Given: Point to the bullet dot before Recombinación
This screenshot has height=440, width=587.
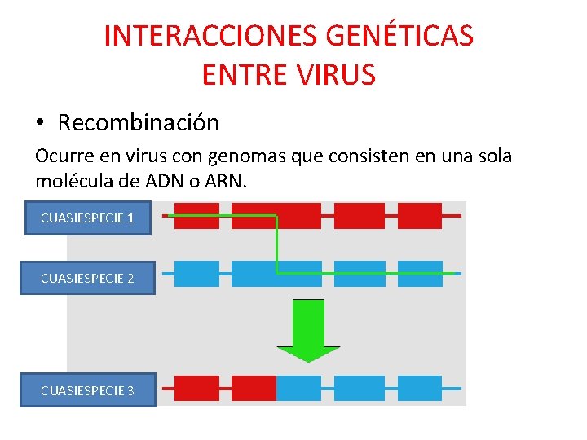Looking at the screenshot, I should coord(40,124).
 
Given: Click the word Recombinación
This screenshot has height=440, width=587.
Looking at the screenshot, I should coord(138,123).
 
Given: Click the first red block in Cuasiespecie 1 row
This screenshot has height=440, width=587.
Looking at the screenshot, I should coord(196,216).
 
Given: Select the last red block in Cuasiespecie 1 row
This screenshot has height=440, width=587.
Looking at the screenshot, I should coord(419,216).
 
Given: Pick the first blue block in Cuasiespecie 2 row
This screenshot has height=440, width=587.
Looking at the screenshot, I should coord(196,274).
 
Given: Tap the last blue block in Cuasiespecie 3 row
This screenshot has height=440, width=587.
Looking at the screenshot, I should coord(419,388).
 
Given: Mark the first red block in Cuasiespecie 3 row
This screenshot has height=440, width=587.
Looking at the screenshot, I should coord(196,388).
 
